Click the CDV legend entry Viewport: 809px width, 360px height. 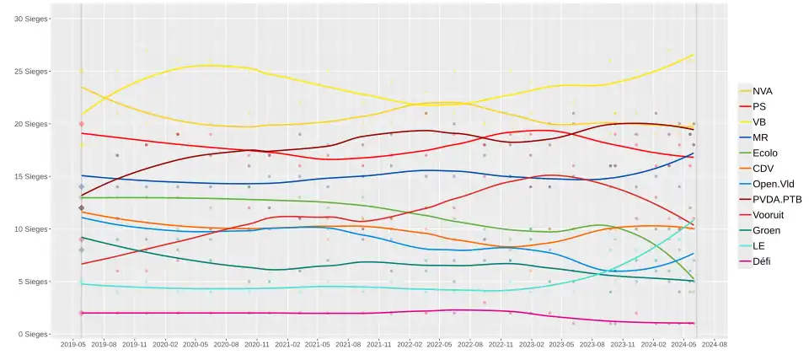click(x=762, y=169)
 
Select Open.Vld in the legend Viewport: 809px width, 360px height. click(x=770, y=184)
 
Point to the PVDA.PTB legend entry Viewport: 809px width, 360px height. click(x=774, y=199)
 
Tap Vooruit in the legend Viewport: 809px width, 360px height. click(x=767, y=215)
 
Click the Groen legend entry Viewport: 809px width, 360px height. click(x=764, y=230)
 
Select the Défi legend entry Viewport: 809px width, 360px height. click(x=761, y=261)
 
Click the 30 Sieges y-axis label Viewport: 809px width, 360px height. click(x=31, y=19)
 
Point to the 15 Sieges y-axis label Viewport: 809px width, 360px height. click(x=31, y=176)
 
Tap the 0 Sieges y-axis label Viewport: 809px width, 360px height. click(x=33, y=334)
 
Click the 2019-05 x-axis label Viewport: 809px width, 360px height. click(x=73, y=345)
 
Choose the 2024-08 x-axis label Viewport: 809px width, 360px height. click(x=714, y=345)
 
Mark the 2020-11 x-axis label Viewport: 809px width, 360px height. click(x=256, y=345)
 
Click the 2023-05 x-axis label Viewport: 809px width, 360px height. click(x=561, y=345)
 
